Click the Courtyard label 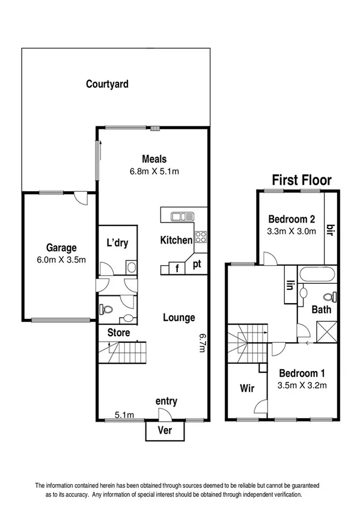click(107, 84)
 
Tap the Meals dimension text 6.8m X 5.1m click(154, 171)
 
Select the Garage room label click(61, 248)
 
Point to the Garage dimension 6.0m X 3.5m click(61, 260)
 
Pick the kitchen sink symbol click(181, 215)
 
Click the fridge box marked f click(177, 268)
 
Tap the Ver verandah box click(165, 431)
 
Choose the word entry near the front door click(166, 401)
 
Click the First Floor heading click(302, 179)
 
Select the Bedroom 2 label click(291, 218)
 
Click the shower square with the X click(328, 330)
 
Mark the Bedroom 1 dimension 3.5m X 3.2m click(302, 386)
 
